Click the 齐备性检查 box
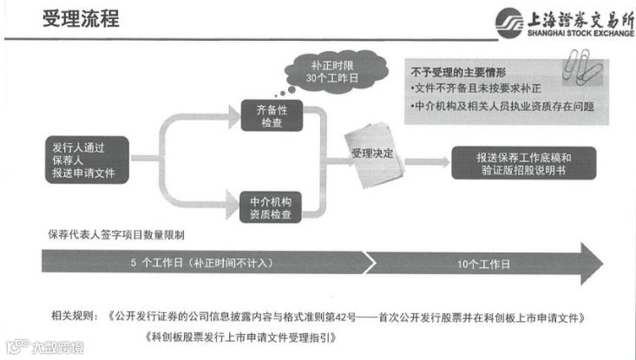[x=269, y=116]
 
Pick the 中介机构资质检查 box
[x=269, y=207]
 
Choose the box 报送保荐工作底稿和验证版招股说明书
[x=523, y=162]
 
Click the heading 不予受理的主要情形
[x=457, y=71]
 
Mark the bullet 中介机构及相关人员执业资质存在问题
[x=504, y=107]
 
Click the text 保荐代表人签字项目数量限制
[x=115, y=235]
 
